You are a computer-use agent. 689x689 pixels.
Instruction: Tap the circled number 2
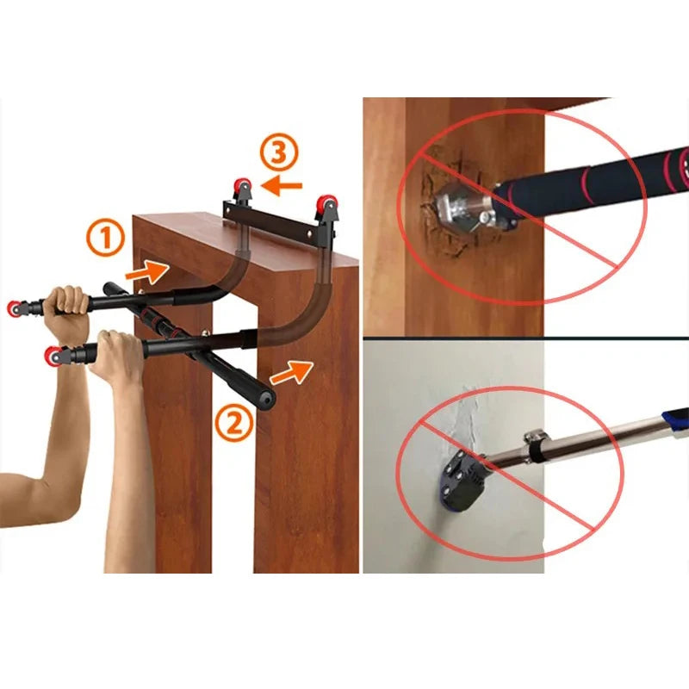235,423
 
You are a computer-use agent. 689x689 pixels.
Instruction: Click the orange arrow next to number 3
282,184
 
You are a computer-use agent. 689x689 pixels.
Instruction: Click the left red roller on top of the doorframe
244,186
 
